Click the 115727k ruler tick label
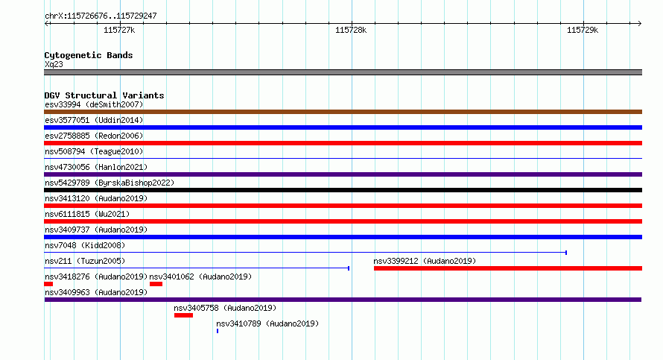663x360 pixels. click(119, 30)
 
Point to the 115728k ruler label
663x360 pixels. click(351, 30)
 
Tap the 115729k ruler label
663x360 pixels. click(583, 30)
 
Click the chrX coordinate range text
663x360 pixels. click(101, 16)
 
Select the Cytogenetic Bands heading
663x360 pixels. click(89, 55)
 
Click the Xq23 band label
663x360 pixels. click(54, 64)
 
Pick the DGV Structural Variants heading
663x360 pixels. click(104, 95)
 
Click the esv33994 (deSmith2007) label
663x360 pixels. click(94, 104)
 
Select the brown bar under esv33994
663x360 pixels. click(343, 112)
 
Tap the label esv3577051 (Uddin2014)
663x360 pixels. click(94, 120)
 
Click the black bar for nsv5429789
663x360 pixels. click(343, 190)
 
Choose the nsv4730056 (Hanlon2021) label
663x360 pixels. click(96, 167)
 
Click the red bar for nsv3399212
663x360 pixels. click(508, 268)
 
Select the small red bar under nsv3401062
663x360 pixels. click(156, 284)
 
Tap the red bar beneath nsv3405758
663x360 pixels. click(183, 315)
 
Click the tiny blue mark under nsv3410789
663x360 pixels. click(218, 331)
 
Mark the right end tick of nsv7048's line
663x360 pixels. click(566, 253)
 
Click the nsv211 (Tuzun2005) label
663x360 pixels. click(85, 261)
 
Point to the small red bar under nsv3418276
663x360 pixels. click(48, 284)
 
